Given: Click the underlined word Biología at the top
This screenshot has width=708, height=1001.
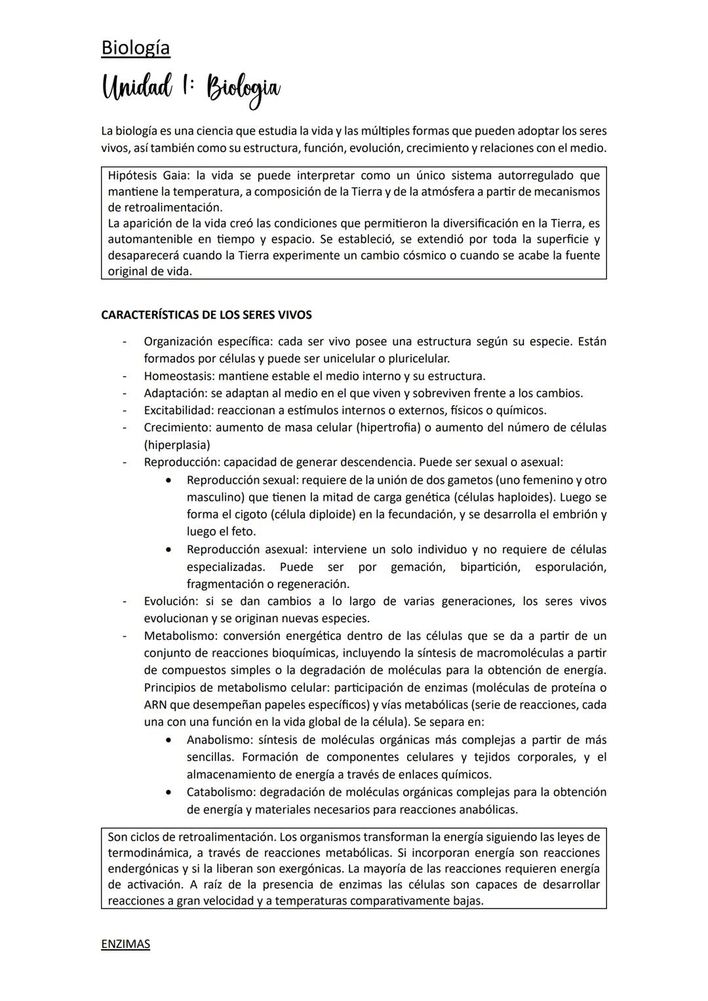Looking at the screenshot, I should [x=135, y=47].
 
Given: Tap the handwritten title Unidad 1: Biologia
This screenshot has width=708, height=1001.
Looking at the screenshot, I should [x=191, y=90].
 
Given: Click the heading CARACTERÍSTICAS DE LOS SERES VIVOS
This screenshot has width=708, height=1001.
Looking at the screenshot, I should [x=206, y=315].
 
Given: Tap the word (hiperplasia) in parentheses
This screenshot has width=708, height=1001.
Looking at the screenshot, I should [x=177, y=445].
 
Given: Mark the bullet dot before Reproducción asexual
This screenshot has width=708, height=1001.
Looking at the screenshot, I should [x=170, y=549].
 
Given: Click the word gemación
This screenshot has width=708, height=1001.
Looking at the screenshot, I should [x=418, y=566].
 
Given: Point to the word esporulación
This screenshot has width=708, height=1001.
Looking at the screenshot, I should [x=570, y=566].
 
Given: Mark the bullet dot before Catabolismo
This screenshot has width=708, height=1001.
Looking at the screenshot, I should [x=170, y=792].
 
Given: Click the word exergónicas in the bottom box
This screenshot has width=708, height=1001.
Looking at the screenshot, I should [x=307, y=869].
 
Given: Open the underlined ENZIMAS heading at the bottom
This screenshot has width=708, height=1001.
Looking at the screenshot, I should [x=125, y=944].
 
